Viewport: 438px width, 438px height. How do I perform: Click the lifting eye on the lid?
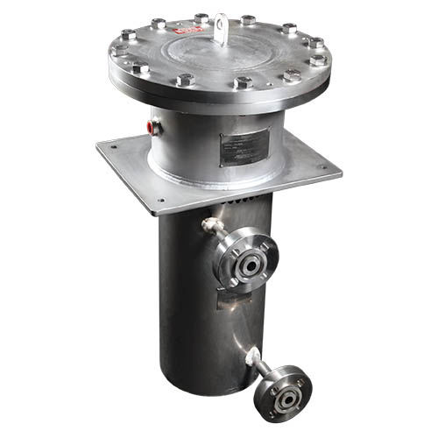(x=221, y=24)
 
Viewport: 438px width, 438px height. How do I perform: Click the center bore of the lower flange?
(x=286, y=398)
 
